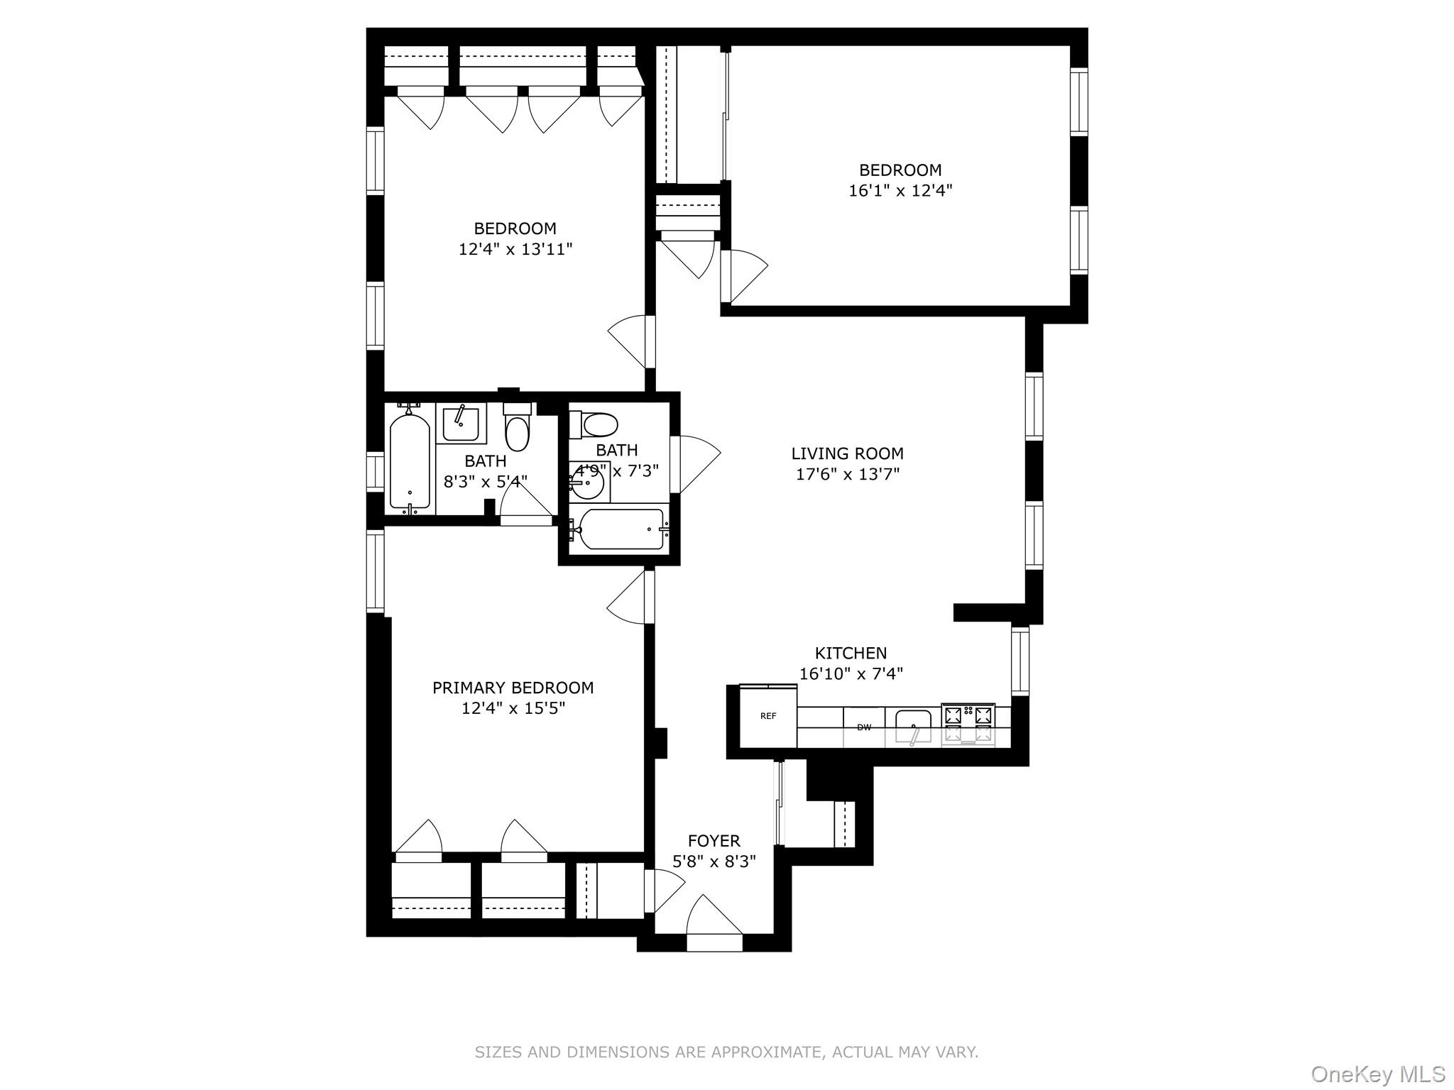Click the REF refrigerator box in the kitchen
(768, 717)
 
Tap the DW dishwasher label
(863, 727)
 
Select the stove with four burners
(968, 725)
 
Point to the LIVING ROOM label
(847, 453)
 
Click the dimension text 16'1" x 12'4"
(900, 191)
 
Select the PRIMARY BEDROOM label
(513, 688)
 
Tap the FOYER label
(714, 841)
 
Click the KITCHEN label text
(851, 653)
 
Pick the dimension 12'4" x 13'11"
(515, 249)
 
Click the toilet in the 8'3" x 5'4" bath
(518, 430)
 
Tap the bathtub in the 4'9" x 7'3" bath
(620, 529)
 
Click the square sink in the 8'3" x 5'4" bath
(461, 424)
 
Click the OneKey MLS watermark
(1377, 1073)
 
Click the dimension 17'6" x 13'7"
(847, 474)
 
